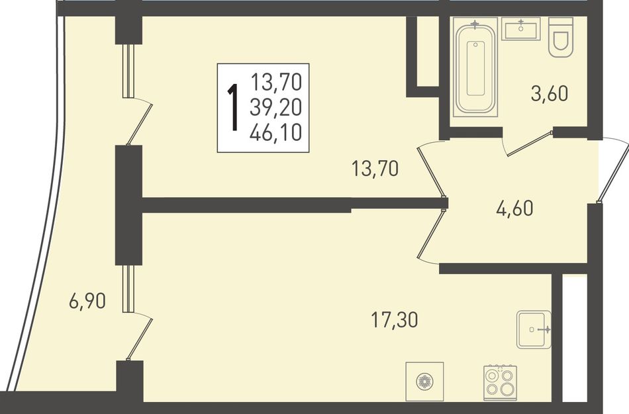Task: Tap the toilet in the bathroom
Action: tap(561, 37)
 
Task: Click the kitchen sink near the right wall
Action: tap(534, 329)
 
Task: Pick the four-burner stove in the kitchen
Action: tap(500, 383)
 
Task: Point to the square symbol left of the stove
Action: tap(424, 381)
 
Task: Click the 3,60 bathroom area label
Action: tap(550, 94)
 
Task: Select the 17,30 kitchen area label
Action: tap(395, 320)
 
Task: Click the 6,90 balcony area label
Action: tap(87, 301)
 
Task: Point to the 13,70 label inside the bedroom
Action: tap(375, 169)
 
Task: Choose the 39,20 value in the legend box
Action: tap(275, 107)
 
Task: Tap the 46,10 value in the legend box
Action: tap(275, 133)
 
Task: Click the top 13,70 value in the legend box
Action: tap(276, 82)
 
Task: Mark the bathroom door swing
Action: tap(529, 143)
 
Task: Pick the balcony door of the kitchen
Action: tap(138, 313)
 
